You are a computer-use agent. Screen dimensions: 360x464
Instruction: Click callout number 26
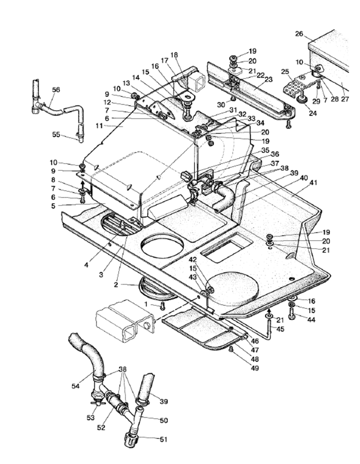coord(299,34)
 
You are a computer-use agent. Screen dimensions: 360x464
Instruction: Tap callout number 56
coord(56,89)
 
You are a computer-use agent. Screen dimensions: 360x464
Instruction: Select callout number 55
coord(56,134)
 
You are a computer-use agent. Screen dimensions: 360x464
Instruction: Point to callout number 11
coord(99,126)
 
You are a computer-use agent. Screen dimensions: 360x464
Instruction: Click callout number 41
coord(313,183)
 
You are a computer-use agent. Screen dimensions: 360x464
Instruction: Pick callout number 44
coord(311,320)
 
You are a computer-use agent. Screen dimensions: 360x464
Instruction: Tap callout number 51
coord(163,439)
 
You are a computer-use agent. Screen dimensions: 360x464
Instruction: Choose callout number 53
coord(90,417)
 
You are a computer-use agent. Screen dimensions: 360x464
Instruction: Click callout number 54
coord(76,386)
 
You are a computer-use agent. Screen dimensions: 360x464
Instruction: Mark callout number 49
coord(255,368)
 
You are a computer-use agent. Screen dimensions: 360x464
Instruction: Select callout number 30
coord(221,105)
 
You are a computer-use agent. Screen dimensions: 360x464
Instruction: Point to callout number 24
coord(313,113)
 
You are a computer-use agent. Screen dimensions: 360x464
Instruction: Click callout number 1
coord(146,304)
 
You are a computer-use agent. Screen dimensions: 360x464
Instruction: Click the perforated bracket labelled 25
coord(292,88)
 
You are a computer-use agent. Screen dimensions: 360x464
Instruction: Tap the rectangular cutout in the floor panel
coord(226,246)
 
